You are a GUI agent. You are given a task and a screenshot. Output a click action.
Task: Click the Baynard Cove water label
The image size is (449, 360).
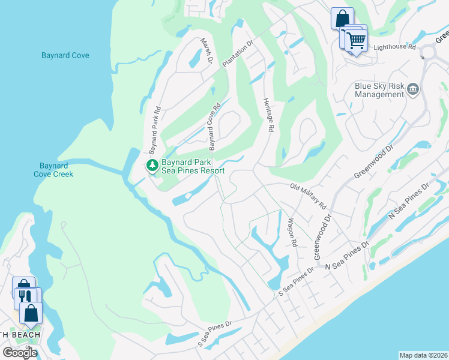click(x=65, y=55)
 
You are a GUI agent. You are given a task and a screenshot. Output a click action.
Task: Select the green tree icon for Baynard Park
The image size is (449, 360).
click(x=152, y=164)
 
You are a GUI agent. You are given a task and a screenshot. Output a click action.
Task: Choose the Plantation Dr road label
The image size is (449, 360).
click(x=238, y=54)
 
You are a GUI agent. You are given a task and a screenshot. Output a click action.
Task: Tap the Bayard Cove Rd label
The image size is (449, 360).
click(x=214, y=126)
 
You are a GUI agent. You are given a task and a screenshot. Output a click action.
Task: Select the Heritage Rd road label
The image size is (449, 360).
click(x=268, y=115)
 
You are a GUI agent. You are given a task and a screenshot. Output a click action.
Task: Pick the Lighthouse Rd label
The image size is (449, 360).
click(x=394, y=46)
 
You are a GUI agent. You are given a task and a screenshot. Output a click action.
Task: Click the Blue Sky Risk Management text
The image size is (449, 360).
click(x=379, y=90)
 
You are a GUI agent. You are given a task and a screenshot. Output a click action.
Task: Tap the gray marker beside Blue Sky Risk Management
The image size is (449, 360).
click(x=413, y=90)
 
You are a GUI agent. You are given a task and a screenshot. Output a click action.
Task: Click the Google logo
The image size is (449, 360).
click(x=20, y=352)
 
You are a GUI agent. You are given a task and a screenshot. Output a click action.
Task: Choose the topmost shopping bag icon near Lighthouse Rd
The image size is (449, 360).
click(x=342, y=17)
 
